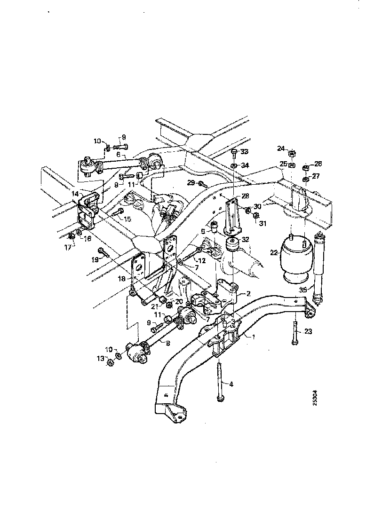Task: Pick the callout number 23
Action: [308, 331]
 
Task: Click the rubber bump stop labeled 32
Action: [233, 245]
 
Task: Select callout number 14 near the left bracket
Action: [75, 193]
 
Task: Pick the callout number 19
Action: [95, 258]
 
